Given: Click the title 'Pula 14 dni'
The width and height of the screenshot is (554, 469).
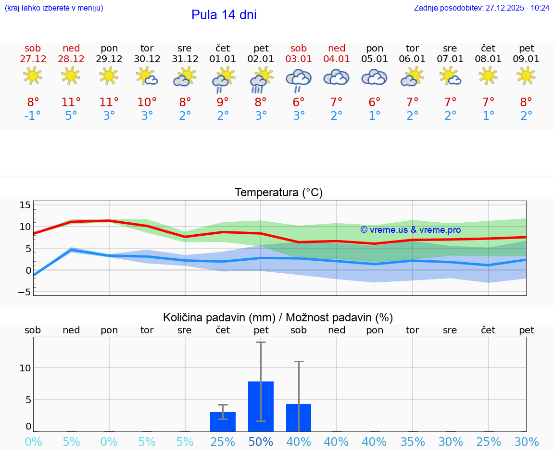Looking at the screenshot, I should coord(224,15).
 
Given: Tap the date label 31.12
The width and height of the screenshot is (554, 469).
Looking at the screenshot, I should coord(185,59).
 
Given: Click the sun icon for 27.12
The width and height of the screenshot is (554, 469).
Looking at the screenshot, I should coord(33,76).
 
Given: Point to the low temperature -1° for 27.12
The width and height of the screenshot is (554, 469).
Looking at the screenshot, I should coord(33,116).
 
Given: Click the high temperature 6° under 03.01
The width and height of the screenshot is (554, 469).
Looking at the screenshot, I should coord(299,102).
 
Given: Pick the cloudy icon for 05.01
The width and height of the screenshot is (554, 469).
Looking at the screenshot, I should coord(374,77).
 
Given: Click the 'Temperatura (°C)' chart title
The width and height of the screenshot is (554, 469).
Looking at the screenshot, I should coord(278,193).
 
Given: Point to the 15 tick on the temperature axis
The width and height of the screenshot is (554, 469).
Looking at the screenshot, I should coord(25,205).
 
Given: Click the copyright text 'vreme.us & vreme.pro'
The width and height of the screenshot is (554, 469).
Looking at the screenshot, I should coord(411,229).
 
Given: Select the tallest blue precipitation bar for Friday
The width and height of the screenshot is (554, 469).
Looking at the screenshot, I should coord(261,406).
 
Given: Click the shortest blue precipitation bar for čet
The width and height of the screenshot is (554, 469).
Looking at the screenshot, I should coord(223,421).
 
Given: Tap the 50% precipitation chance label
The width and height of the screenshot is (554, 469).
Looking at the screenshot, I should coord(261,442).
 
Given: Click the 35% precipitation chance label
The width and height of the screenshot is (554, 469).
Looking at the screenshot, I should coord(413,442).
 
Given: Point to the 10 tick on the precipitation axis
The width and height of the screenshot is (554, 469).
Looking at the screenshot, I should coord(25,368).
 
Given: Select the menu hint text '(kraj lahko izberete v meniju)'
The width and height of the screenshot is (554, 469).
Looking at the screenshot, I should coord(54,8).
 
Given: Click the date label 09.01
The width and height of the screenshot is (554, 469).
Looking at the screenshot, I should coord(526,59).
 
